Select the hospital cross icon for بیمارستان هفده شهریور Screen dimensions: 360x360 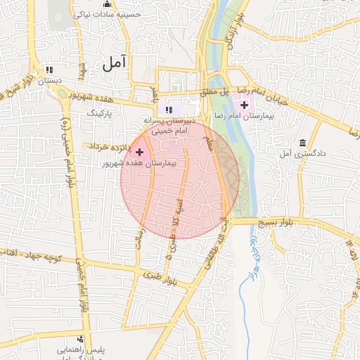point(140,152)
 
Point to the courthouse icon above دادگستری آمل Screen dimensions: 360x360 point(302,143)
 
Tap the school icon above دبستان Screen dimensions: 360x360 point(49,70)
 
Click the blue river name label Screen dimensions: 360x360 point(251,256)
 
